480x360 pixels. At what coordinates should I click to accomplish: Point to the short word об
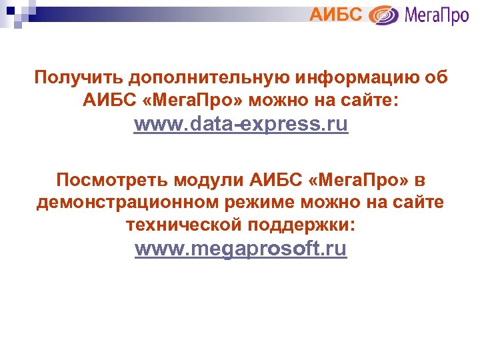coord(434,78)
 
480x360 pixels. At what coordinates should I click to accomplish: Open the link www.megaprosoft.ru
coord(241,249)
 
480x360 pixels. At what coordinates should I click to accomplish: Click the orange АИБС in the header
coord(336,13)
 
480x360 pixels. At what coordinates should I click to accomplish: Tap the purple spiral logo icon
coord(383,15)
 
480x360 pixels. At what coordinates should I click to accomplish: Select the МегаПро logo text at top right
coord(437,15)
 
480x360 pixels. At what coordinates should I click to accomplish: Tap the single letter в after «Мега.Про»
coord(419,180)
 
